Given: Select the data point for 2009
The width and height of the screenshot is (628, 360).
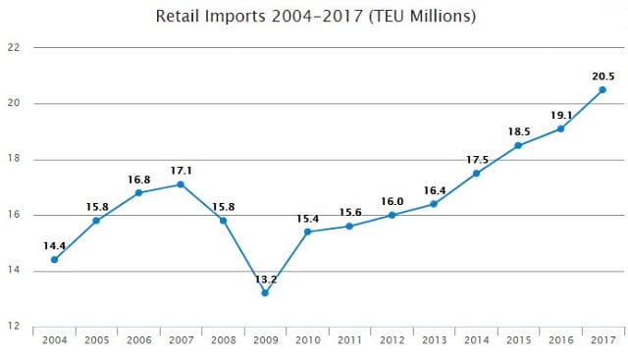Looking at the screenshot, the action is point(265,293).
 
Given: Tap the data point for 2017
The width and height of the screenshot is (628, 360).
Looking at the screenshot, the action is point(602,90).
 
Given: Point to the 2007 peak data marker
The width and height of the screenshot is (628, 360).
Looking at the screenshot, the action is point(181,184).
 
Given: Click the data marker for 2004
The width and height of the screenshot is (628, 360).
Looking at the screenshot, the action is point(55,260).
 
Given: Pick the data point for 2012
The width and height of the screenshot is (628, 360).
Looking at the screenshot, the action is point(392,215).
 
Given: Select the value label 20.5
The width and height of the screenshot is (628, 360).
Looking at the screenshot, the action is point(603,77).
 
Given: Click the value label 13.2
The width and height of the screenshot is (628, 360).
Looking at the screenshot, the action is point(266,280).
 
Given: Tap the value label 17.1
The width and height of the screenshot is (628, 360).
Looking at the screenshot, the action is point(181,171).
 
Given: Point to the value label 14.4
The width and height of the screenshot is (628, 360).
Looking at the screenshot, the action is point(55,246).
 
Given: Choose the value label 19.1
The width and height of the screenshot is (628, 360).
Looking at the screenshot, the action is point(561,116).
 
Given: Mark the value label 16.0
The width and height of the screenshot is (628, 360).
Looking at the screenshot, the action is point(392,201).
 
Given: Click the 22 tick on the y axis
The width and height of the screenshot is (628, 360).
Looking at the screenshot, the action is point(13,47).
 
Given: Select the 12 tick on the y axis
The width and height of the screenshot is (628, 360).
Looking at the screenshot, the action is point(13,326).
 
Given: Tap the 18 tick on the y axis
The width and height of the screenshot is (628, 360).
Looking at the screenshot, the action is point(13,159).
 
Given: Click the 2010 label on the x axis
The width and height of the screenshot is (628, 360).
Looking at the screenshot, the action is point(307,340).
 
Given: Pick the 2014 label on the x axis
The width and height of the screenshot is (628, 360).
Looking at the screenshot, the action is point(477,340).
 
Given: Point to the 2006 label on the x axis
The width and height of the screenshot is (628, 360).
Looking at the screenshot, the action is point(139,340).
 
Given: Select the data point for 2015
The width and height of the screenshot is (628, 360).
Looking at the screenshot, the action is point(518,145).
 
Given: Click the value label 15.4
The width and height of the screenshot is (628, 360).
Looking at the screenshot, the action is point(307,219).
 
